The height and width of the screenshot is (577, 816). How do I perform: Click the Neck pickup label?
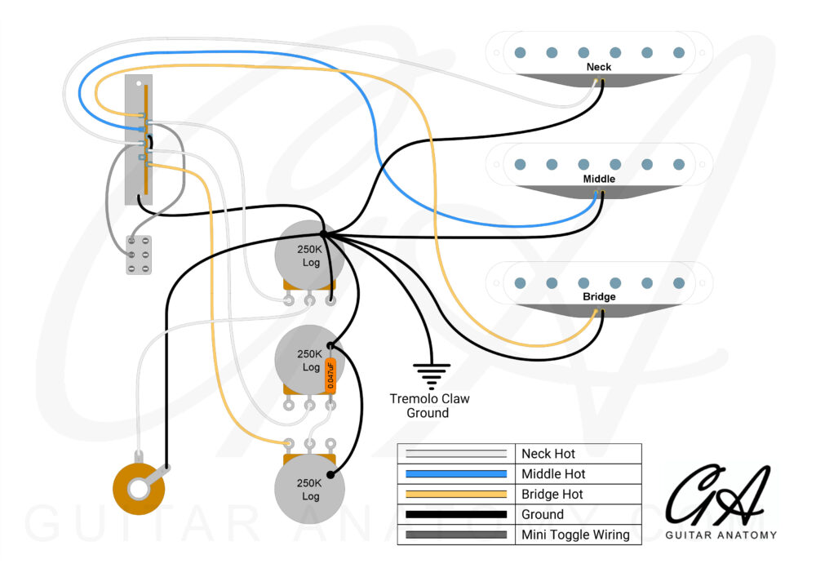pos(599,67)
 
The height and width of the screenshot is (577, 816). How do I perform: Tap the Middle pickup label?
pos(599,179)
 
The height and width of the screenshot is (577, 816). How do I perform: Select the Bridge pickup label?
pos(599,297)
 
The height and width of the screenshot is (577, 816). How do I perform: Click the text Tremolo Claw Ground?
pos(429,406)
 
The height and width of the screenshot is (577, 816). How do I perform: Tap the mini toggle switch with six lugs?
pos(140,255)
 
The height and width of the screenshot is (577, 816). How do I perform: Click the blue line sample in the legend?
pos(457,474)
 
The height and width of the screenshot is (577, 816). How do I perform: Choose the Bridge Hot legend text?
pos(552,495)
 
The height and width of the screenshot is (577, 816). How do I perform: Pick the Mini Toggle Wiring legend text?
pos(575,535)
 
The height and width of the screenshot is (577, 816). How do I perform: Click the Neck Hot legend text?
pos(548,454)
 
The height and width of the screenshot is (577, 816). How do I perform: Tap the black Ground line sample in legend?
pos(457,515)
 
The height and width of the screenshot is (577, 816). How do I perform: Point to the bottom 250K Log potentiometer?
pos(310,489)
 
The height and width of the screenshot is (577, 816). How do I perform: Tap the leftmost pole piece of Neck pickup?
pos(519,53)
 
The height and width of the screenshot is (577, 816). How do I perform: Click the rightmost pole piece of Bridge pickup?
pos(679,283)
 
